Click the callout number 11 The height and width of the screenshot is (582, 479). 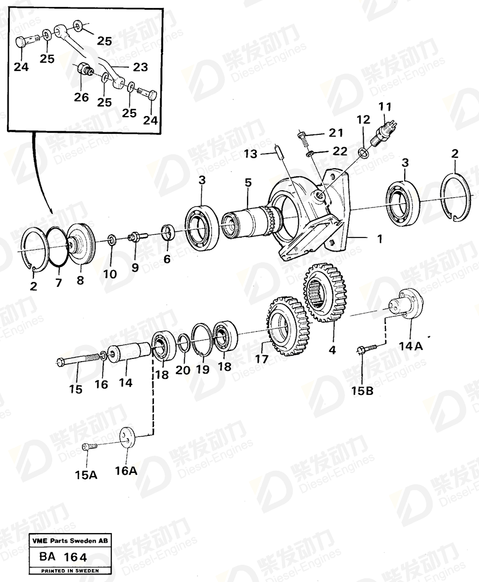click(385, 107)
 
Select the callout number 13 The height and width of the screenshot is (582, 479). click(250, 154)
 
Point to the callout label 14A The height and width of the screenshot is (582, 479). click(411, 346)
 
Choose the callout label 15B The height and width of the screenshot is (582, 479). click(362, 391)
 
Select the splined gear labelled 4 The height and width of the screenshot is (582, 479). click(326, 293)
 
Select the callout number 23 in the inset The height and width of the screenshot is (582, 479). click(140, 67)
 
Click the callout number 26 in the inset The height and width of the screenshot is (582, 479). click(81, 97)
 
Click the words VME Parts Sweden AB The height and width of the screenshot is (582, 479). click(69, 541)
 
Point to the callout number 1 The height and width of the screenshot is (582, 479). click(379, 239)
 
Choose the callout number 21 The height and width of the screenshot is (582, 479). click(336, 133)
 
